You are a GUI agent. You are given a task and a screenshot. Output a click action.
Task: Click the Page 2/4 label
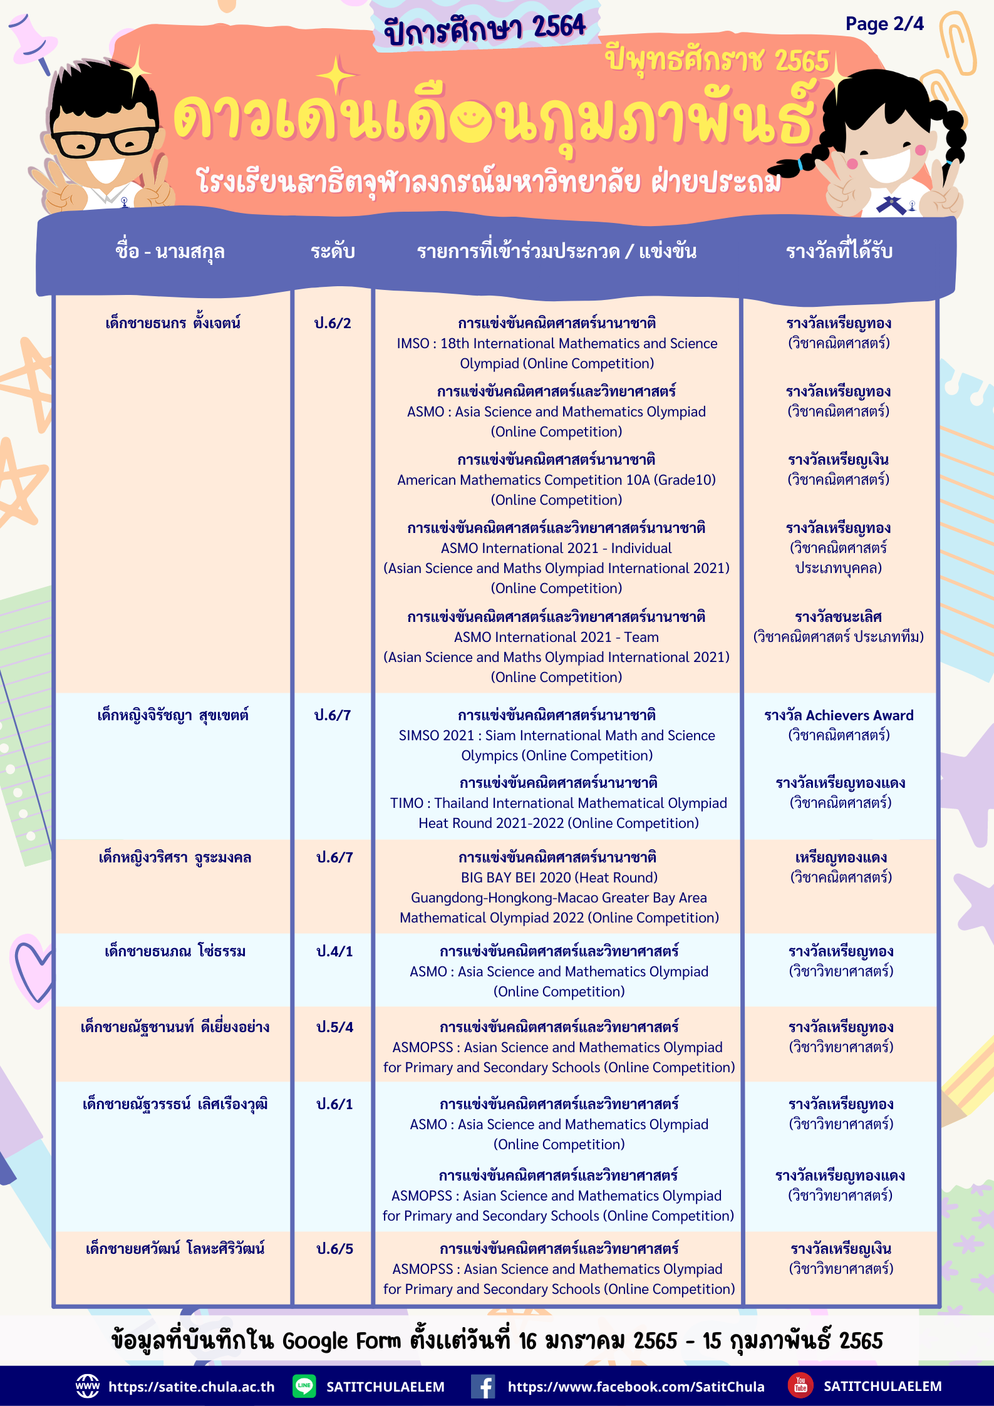tap(884, 24)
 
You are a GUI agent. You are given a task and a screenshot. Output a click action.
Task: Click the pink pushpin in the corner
tap(31, 39)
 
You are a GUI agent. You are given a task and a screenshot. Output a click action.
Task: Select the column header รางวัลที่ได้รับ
tap(839, 252)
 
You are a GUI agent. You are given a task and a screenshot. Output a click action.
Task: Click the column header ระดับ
tap(333, 252)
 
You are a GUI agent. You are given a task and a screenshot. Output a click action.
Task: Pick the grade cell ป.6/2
tap(333, 323)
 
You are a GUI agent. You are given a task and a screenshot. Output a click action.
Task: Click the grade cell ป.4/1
tap(334, 951)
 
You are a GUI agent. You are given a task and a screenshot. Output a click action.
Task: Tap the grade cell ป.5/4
tap(334, 1027)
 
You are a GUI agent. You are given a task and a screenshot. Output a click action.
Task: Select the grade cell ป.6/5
tap(334, 1249)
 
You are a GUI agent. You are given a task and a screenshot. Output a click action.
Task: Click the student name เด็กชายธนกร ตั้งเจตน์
tap(173, 323)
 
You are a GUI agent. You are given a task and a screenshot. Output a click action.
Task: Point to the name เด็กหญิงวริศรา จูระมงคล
tap(175, 857)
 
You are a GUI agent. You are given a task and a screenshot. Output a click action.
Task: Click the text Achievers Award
tap(859, 715)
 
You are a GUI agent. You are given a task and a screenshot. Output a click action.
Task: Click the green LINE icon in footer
tap(304, 1386)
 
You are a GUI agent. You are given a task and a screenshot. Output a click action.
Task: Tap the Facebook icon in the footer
tap(483, 1386)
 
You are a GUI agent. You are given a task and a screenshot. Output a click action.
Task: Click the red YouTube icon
tap(800, 1385)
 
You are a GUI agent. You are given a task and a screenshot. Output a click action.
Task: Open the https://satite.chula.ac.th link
tap(191, 1387)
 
